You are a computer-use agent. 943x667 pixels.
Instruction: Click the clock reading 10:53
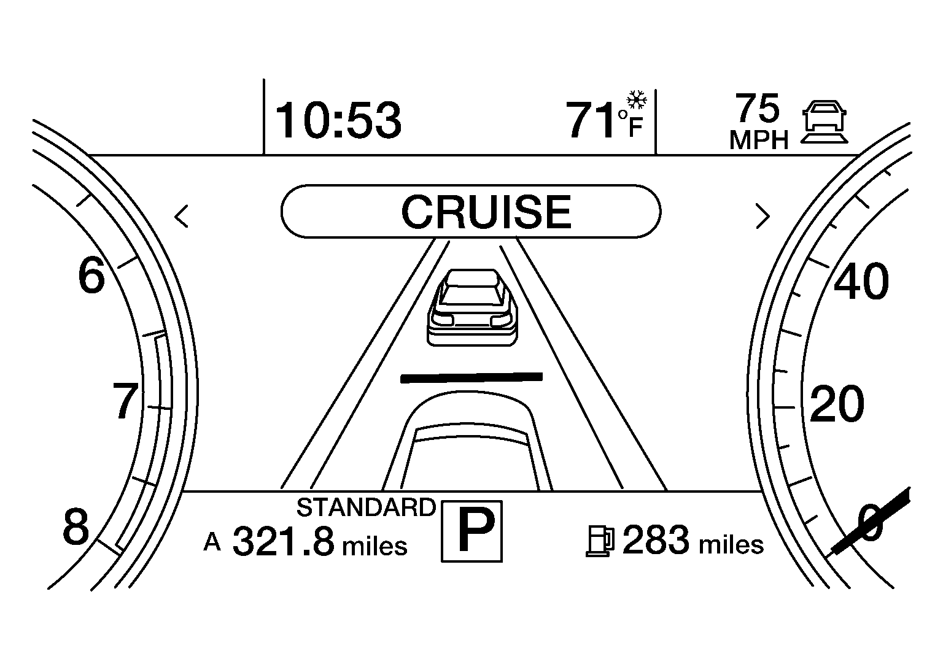338,120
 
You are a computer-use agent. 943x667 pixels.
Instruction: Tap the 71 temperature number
591,120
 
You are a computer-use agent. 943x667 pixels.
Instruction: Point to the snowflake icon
637,100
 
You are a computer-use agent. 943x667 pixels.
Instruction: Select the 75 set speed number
758,107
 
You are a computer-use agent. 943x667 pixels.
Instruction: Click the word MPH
759,140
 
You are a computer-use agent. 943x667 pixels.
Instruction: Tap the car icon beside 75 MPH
825,121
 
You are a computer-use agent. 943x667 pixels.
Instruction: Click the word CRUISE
486,212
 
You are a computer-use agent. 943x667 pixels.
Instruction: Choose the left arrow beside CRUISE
182,217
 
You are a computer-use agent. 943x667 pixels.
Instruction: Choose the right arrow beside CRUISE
763,217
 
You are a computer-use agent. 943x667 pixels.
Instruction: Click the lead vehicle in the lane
472,307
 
